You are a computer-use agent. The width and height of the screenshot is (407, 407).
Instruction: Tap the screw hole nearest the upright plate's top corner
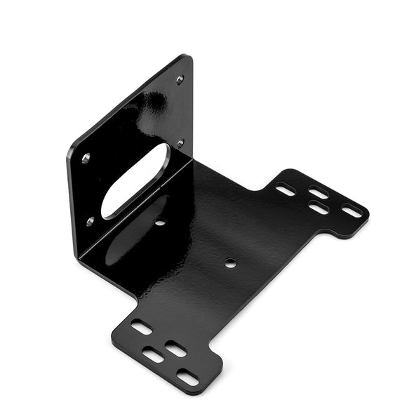(180, 79)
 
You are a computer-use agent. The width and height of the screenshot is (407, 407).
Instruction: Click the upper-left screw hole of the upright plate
(86, 159)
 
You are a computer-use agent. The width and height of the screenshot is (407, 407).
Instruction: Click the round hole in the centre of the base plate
(230, 264)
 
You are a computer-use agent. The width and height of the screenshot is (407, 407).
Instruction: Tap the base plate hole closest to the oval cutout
(160, 222)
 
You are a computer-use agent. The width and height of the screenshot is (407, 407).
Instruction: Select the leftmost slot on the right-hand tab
(285, 189)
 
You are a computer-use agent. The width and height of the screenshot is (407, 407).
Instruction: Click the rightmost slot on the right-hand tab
(352, 210)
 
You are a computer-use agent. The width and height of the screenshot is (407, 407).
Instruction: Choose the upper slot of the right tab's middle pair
(319, 193)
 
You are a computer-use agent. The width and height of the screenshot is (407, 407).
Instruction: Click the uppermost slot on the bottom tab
(142, 327)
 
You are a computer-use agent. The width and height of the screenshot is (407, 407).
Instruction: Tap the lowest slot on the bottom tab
(187, 378)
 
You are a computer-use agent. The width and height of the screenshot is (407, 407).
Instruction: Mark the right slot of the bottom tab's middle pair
(175, 349)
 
